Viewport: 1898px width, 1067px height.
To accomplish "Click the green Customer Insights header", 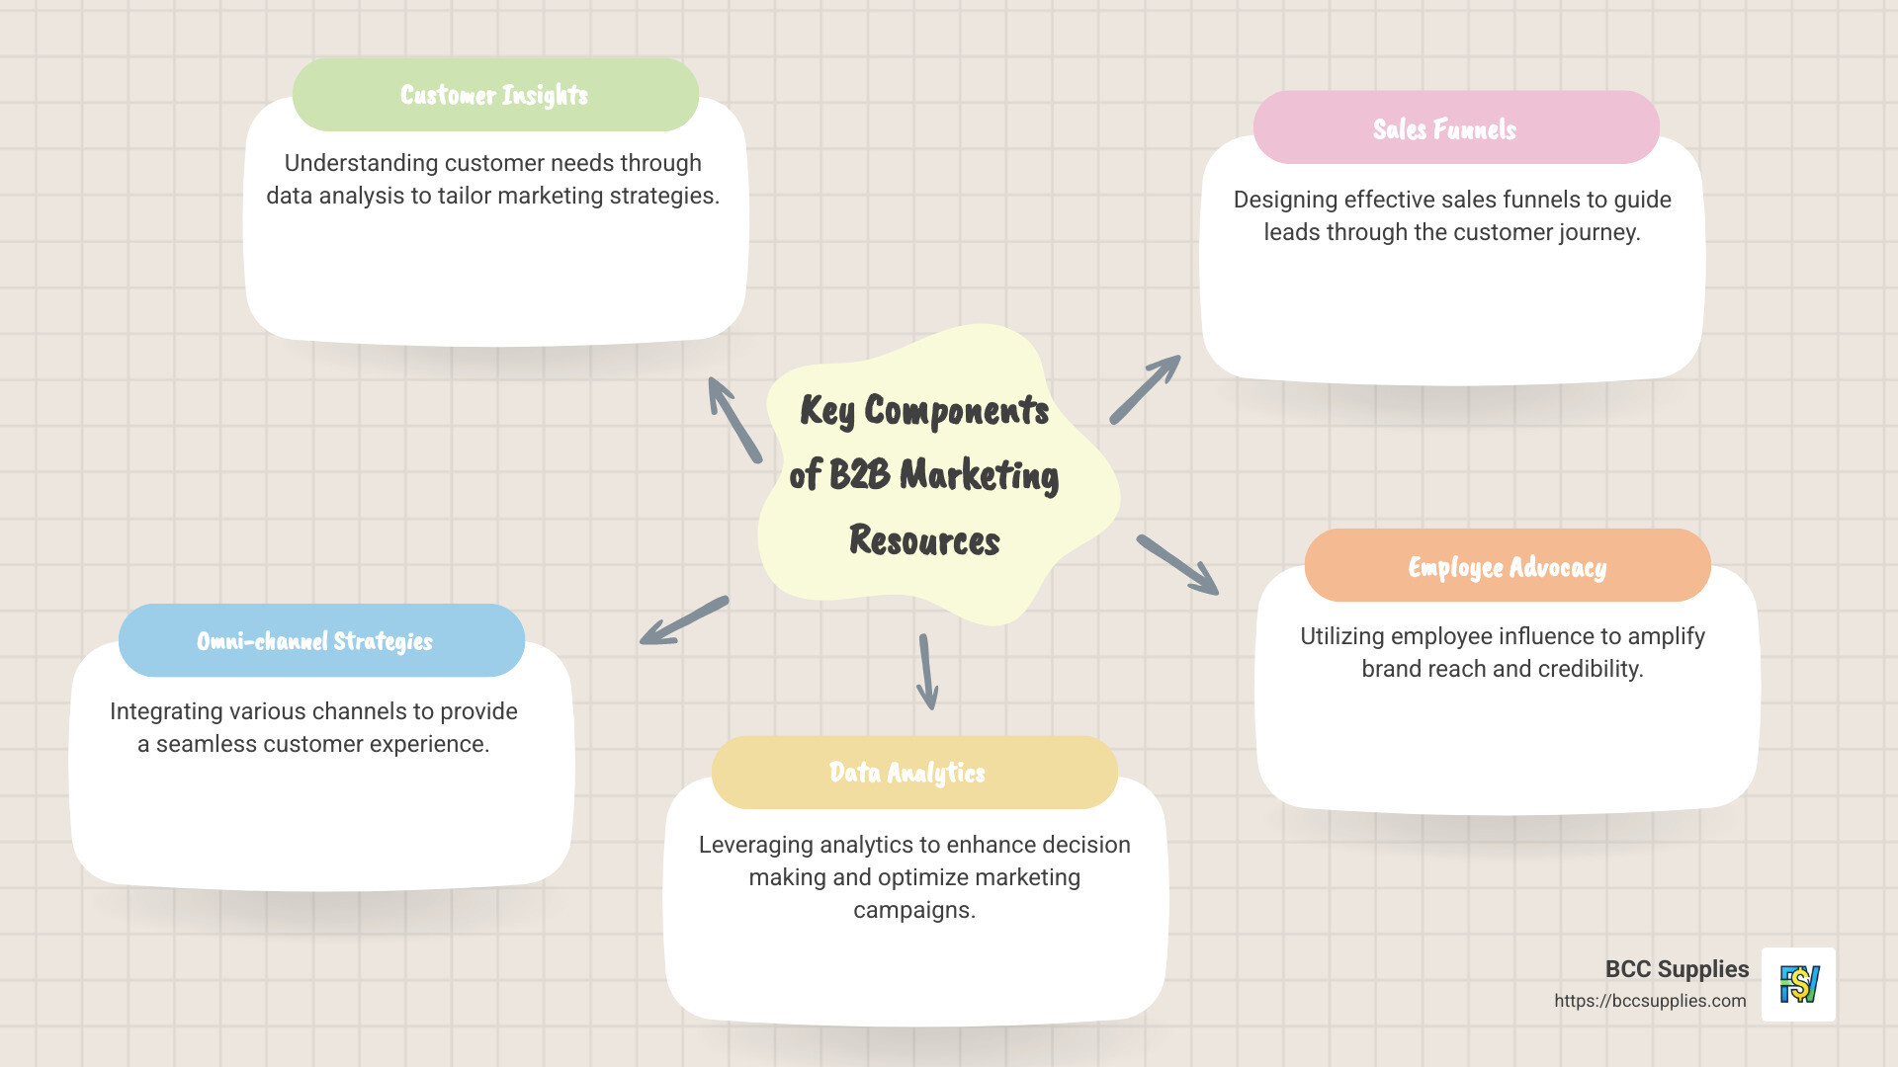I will tap(495, 95).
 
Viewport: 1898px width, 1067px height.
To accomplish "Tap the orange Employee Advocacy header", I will tap(1507, 566).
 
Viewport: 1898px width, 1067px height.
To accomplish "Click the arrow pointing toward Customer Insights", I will tap(733, 419).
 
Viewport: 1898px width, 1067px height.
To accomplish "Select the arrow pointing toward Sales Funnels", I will tap(1146, 389).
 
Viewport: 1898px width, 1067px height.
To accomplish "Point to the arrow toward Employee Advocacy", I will tap(1178, 565).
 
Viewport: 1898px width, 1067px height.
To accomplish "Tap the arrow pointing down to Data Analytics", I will tap(926, 672).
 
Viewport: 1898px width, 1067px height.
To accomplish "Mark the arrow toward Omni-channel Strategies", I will tap(683, 621).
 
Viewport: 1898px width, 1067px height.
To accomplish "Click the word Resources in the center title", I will tap(924, 541).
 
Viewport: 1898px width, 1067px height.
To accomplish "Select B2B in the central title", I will tap(859, 474).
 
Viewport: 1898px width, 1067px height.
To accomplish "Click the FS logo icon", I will tap(1798, 984).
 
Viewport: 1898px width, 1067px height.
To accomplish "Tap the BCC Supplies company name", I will tap(1677, 969).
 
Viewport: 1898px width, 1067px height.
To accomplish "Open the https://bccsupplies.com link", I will tap(1650, 1001).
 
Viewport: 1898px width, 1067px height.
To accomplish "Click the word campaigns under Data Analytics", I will tap(913, 910).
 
